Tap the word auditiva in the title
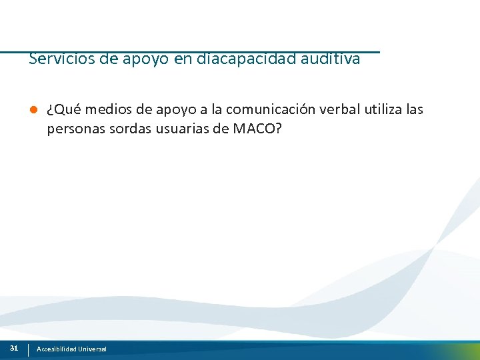(x=331, y=59)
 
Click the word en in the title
(x=183, y=59)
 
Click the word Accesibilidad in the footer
(x=57, y=349)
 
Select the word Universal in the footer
(x=92, y=349)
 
